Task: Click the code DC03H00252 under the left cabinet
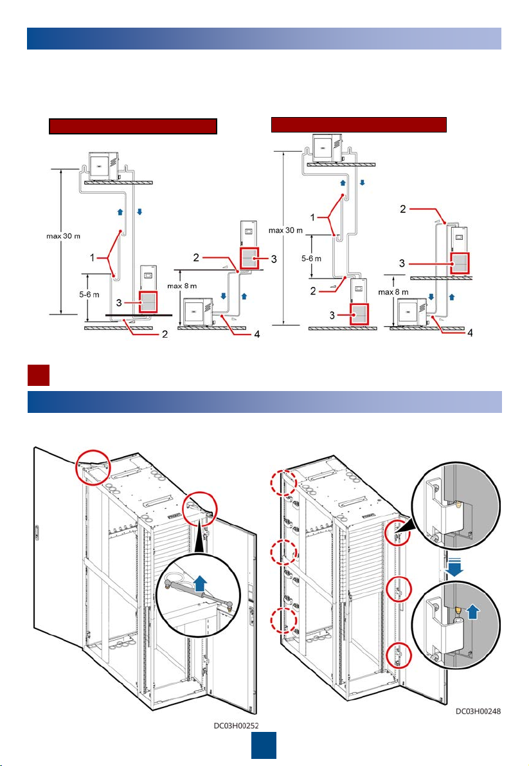click(x=236, y=725)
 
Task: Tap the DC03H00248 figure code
click(x=478, y=711)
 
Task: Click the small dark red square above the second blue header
click(x=38, y=375)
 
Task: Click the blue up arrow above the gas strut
click(x=201, y=584)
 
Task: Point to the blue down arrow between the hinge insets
click(x=454, y=567)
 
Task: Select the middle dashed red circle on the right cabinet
click(x=283, y=552)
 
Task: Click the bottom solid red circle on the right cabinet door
click(x=399, y=656)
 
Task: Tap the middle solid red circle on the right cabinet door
click(x=399, y=590)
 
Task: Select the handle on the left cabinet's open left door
click(x=37, y=532)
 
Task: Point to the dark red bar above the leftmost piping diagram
click(x=133, y=126)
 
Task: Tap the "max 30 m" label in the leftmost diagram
click(x=64, y=236)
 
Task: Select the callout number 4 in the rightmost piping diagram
click(x=470, y=333)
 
